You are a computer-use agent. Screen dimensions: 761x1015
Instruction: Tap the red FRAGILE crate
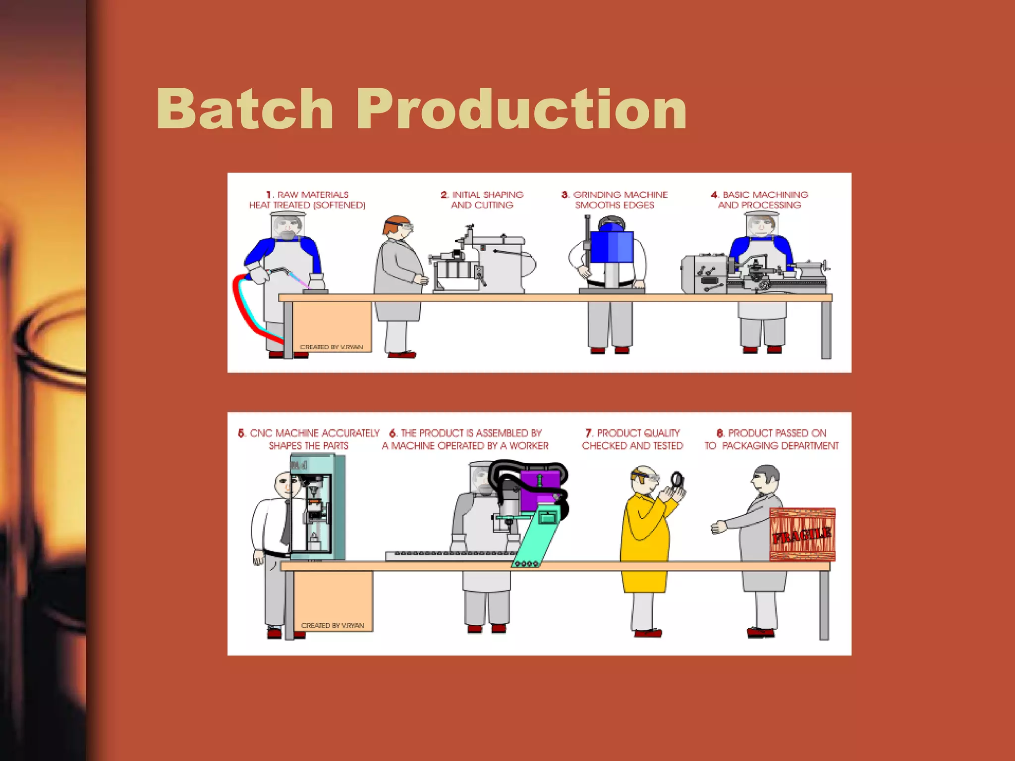(802, 534)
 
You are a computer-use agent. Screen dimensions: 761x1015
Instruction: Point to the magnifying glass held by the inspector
(677, 480)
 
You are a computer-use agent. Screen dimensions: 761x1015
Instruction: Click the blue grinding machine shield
(612, 246)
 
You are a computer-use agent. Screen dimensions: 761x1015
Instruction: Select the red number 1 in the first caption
(269, 195)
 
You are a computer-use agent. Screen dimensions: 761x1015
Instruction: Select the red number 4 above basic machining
(715, 195)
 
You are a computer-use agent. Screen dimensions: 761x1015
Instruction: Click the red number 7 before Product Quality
(589, 433)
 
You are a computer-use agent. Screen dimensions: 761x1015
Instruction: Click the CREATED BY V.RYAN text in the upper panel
(331, 347)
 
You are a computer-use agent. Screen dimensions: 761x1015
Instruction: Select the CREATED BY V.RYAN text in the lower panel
(332, 625)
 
